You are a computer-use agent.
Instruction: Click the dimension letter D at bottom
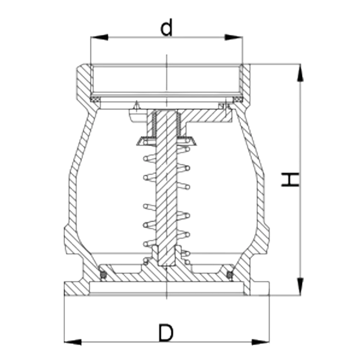click(166, 333)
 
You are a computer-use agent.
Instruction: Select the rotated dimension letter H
click(290, 180)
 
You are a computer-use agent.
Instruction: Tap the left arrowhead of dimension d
click(99, 37)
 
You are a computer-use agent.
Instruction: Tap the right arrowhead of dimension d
click(234, 37)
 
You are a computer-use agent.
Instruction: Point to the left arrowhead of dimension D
click(73, 342)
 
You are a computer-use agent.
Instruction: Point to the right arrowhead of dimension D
click(261, 342)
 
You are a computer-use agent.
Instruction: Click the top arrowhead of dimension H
click(300, 73)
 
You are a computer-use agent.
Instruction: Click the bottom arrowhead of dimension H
click(300, 286)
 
